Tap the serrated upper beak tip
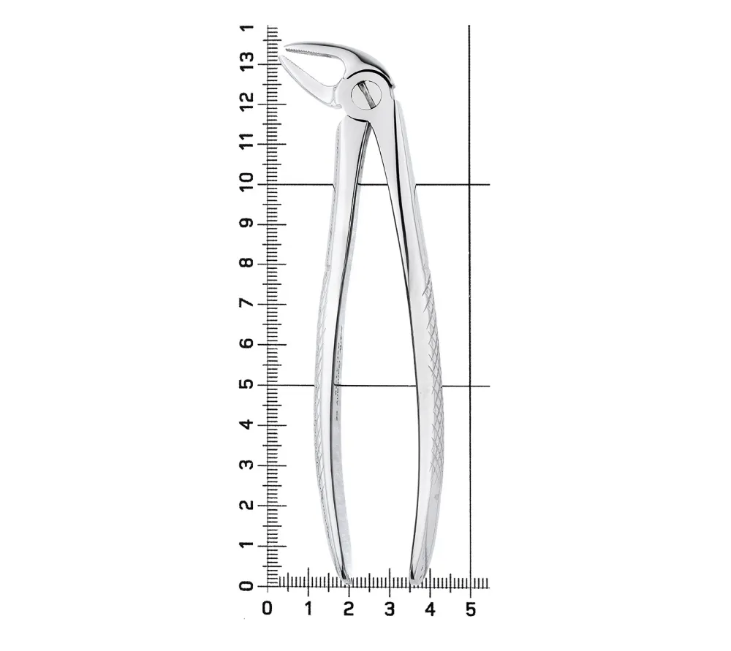point(285,47)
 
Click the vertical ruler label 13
point(247,61)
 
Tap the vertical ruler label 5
point(247,384)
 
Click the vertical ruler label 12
point(247,101)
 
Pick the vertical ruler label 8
point(247,263)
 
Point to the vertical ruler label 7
point(247,303)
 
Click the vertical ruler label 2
point(247,505)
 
